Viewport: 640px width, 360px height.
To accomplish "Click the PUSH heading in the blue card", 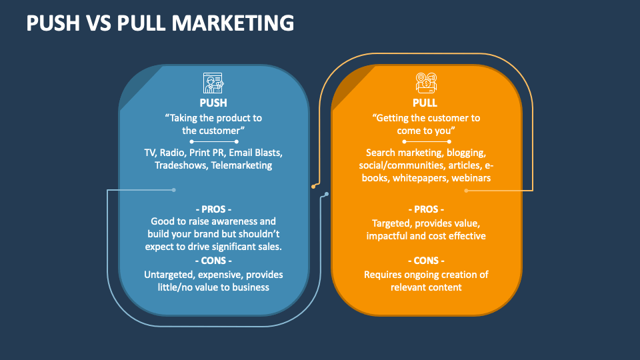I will [213, 103].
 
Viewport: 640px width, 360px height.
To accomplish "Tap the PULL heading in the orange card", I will [425, 103].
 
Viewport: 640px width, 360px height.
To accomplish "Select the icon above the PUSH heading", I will [213, 83].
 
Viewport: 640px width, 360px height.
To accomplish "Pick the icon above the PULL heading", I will [425, 83].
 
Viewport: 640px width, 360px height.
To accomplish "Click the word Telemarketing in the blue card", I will [241, 165].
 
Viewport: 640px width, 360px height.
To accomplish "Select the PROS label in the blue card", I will [213, 209].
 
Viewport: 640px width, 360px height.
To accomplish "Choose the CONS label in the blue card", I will [213, 260].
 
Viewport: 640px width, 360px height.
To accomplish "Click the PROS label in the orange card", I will [425, 209].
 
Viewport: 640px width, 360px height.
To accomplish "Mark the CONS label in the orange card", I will [425, 261].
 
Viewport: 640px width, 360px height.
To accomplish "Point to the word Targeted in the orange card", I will [391, 223].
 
